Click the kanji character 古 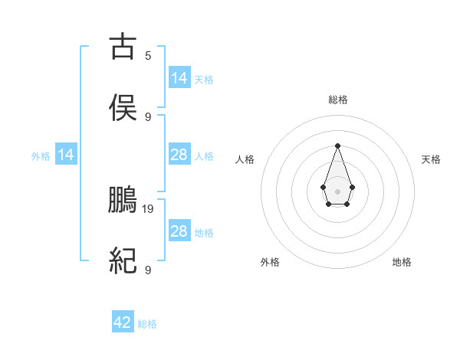[x=123, y=47]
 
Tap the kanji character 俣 [x=123, y=108]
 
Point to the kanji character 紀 [x=123, y=262]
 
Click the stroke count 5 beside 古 [x=148, y=56]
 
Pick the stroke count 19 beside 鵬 [x=149, y=208]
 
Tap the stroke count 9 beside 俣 [x=148, y=116]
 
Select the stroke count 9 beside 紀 [x=148, y=270]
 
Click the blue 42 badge [x=123, y=322]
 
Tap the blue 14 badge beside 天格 [x=179, y=78]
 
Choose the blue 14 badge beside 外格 [x=66, y=155]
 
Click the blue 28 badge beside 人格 [x=179, y=155]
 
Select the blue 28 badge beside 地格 [x=179, y=231]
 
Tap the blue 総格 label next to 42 [x=147, y=324]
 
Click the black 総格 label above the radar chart [x=337, y=100]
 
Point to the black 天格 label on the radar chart [x=431, y=159]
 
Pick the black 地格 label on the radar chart [x=402, y=262]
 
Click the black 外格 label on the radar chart [x=270, y=262]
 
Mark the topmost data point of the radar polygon [x=337, y=146]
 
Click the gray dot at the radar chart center [x=337, y=191]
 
